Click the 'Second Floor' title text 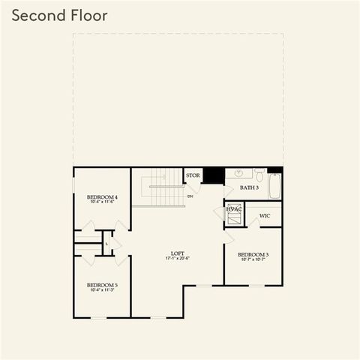tap(59, 16)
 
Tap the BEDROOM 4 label tap(102, 196)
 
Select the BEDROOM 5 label tap(102, 284)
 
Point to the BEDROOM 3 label tap(253, 254)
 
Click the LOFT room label tap(177, 253)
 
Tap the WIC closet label tap(264, 216)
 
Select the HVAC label tap(234, 209)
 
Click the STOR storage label tap(193, 175)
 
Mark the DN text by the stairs tap(190, 196)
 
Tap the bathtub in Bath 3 tap(274, 186)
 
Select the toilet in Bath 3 tap(257, 176)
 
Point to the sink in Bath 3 tap(239, 173)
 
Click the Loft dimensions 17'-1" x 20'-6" tap(177, 259)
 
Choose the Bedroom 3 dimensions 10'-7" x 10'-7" tap(253, 260)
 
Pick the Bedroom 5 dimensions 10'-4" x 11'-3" tap(102, 290)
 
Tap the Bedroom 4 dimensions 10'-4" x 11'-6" tap(102, 202)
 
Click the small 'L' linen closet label tap(107, 243)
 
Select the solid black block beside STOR tap(214, 175)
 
